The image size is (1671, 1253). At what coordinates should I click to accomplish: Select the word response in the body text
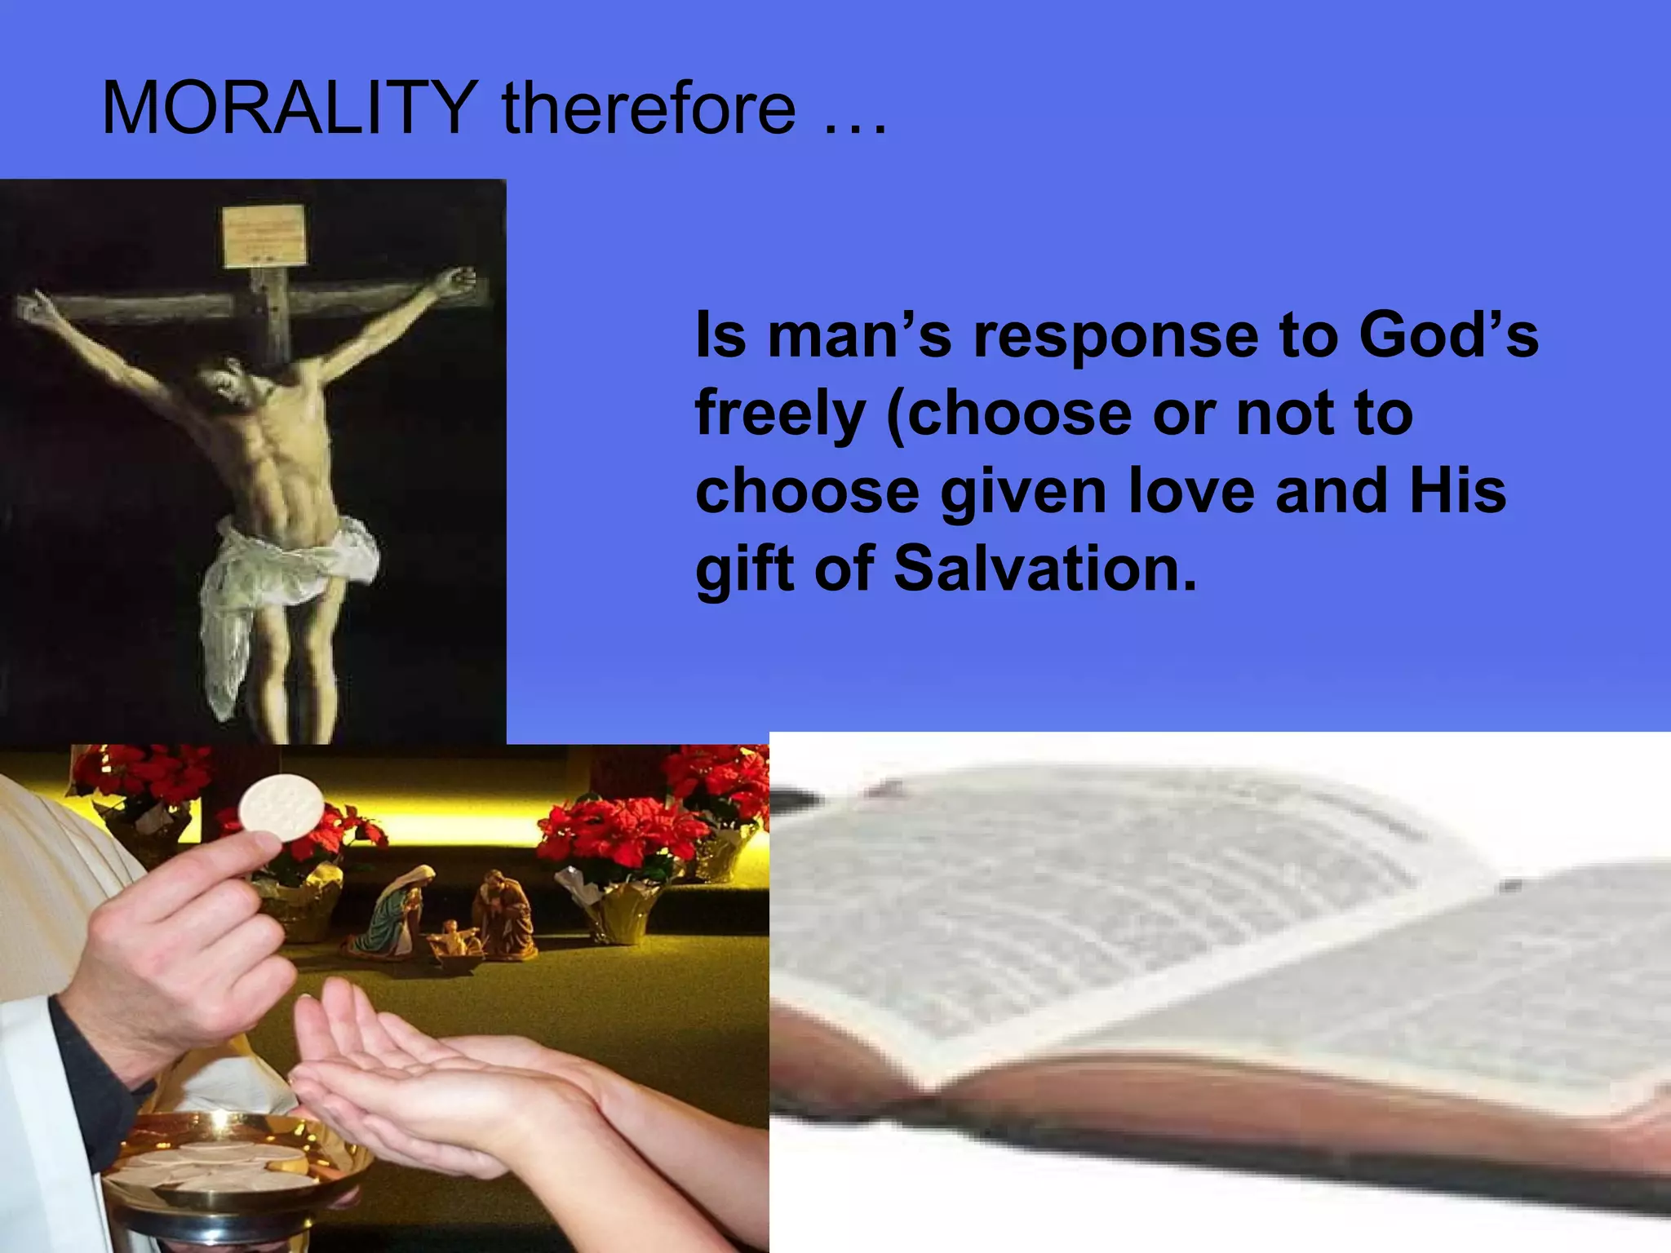click(1116, 335)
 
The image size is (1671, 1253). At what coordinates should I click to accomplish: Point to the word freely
click(780, 414)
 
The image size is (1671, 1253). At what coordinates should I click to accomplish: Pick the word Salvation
click(1045, 569)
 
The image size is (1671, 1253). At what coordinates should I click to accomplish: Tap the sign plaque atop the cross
click(265, 235)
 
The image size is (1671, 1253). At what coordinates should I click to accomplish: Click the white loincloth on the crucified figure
click(286, 571)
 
